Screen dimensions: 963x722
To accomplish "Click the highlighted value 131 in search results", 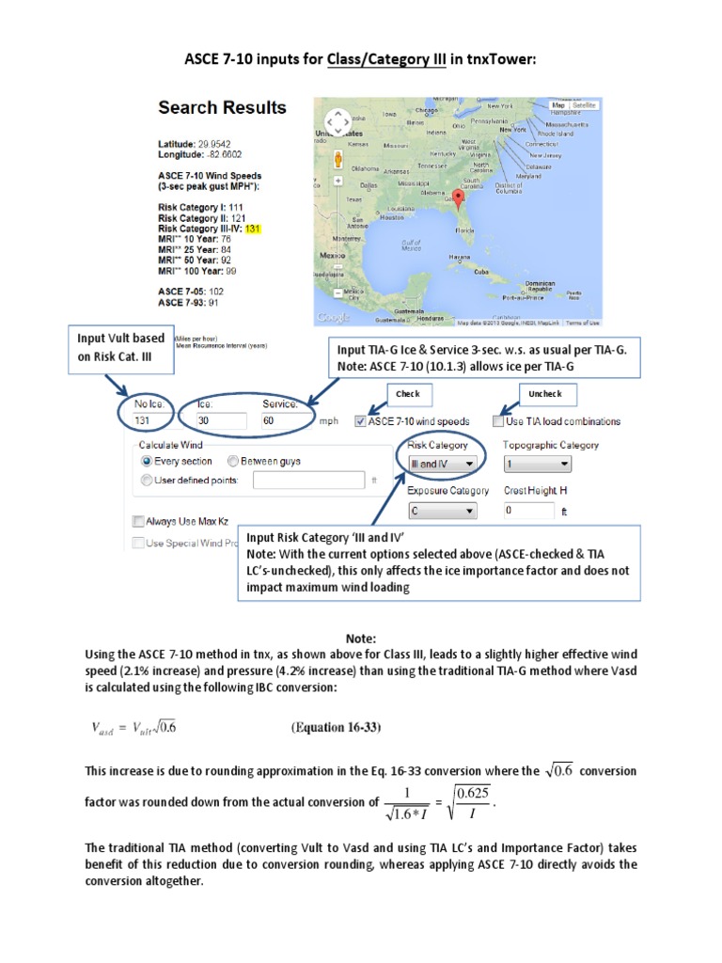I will click(x=252, y=229).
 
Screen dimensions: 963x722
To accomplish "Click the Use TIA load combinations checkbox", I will click(x=497, y=421).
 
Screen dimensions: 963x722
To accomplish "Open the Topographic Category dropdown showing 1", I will click(x=537, y=464).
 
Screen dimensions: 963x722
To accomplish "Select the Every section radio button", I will click(x=146, y=462).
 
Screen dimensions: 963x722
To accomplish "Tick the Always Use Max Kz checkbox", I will click(x=139, y=520).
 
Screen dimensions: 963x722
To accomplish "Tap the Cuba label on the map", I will click(x=481, y=271).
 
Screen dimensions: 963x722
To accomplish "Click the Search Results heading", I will click(x=222, y=107).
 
